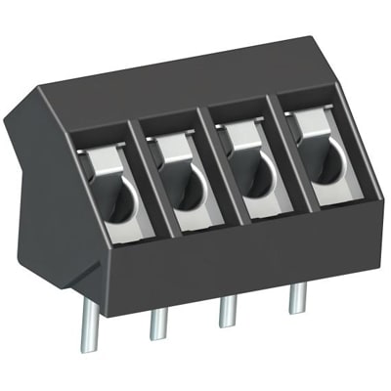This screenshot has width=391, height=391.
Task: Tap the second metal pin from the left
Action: click(157, 324)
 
